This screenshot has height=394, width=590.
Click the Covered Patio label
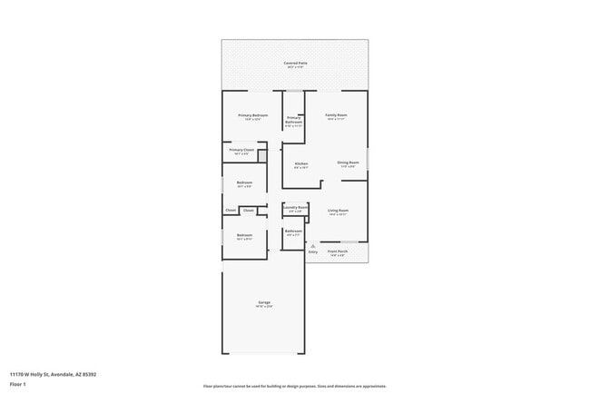click(x=296, y=63)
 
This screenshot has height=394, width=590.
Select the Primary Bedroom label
click(x=252, y=115)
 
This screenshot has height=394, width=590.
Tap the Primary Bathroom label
click(x=293, y=120)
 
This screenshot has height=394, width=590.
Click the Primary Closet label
click(x=241, y=150)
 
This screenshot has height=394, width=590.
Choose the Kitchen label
click(x=301, y=163)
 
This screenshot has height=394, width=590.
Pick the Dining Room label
click(x=348, y=163)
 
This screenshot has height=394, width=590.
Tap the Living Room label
click(x=339, y=210)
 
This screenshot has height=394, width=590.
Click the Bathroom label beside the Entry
click(x=293, y=231)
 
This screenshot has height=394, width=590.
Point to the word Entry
click(x=313, y=251)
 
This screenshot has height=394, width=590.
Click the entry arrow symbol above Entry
click(x=312, y=245)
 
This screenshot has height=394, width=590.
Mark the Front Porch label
click(x=338, y=251)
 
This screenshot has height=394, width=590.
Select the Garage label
click(x=263, y=302)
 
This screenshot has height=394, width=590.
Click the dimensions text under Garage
click(x=263, y=307)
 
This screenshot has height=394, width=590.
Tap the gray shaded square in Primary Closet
click(x=262, y=157)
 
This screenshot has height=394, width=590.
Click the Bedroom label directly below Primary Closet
click(x=244, y=182)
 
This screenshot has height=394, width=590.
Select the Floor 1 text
click(x=17, y=384)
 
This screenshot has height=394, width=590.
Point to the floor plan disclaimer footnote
click(x=294, y=386)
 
